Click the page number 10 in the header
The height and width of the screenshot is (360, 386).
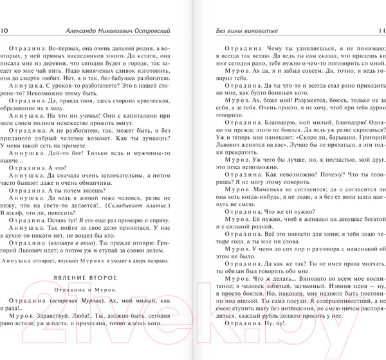point(5,31)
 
